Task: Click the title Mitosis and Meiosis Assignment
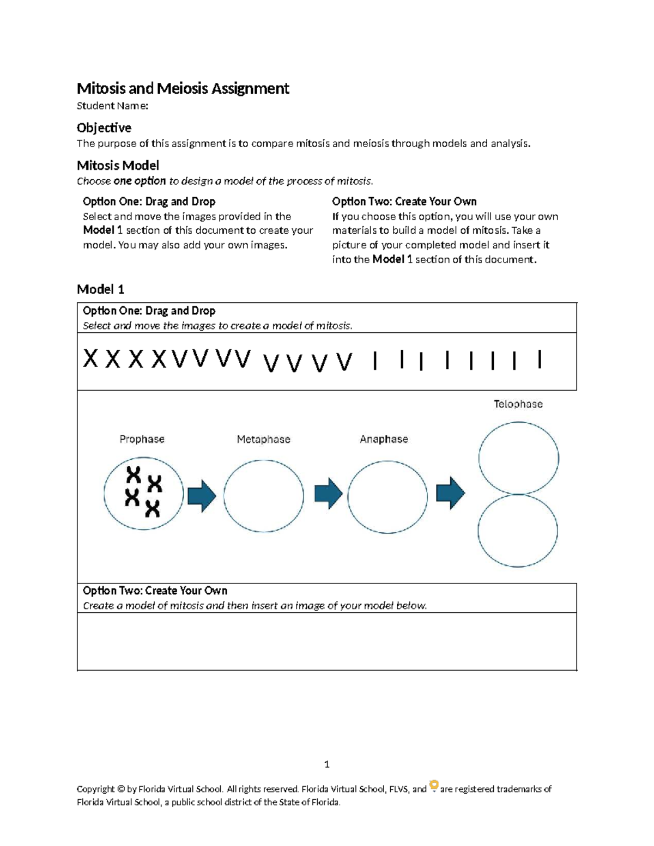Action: (x=183, y=88)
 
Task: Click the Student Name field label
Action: (x=112, y=106)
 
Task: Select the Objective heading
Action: (x=104, y=127)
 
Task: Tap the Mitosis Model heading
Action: (x=118, y=165)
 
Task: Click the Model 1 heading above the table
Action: (x=100, y=289)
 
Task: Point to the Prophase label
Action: (x=142, y=439)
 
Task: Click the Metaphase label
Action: (x=263, y=439)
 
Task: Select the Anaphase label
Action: (x=384, y=439)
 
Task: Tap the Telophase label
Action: (x=518, y=404)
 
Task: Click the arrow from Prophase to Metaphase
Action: (x=202, y=496)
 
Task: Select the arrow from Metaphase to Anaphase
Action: (x=328, y=493)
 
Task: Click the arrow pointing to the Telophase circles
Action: (x=450, y=493)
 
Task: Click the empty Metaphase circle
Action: (x=264, y=496)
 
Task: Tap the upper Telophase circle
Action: (x=518, y=458)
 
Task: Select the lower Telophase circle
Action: (x=518, y=531)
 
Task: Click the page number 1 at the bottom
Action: (x=326, y=764)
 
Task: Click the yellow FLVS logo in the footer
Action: (x=434, y=786)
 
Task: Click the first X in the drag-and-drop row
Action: (x=90, y=360)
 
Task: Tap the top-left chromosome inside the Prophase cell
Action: (x=134, y=474)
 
